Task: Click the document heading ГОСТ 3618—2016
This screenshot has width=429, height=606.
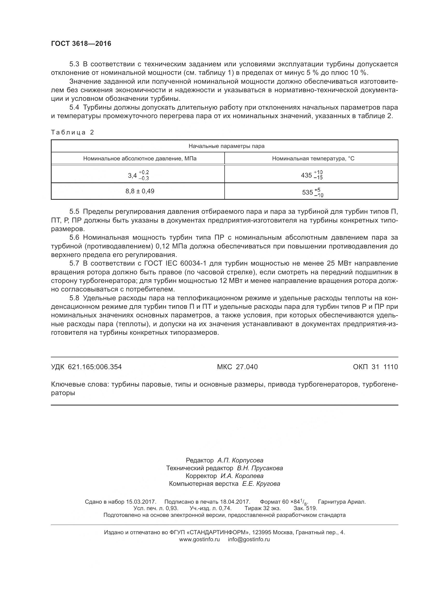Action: point(81,44)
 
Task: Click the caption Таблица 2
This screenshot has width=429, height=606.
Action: point(72,132)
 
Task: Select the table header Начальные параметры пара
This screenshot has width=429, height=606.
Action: point(226,146)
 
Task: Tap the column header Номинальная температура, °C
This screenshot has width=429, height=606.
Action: point(313,158)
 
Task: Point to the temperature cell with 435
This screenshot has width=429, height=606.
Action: point(312,175)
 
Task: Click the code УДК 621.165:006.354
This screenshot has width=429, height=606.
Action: point(86,367)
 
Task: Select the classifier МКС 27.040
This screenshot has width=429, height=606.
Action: point(237,367)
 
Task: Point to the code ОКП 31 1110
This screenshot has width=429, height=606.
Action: point(375,367)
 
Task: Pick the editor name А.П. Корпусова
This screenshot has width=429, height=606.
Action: point(240,460)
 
